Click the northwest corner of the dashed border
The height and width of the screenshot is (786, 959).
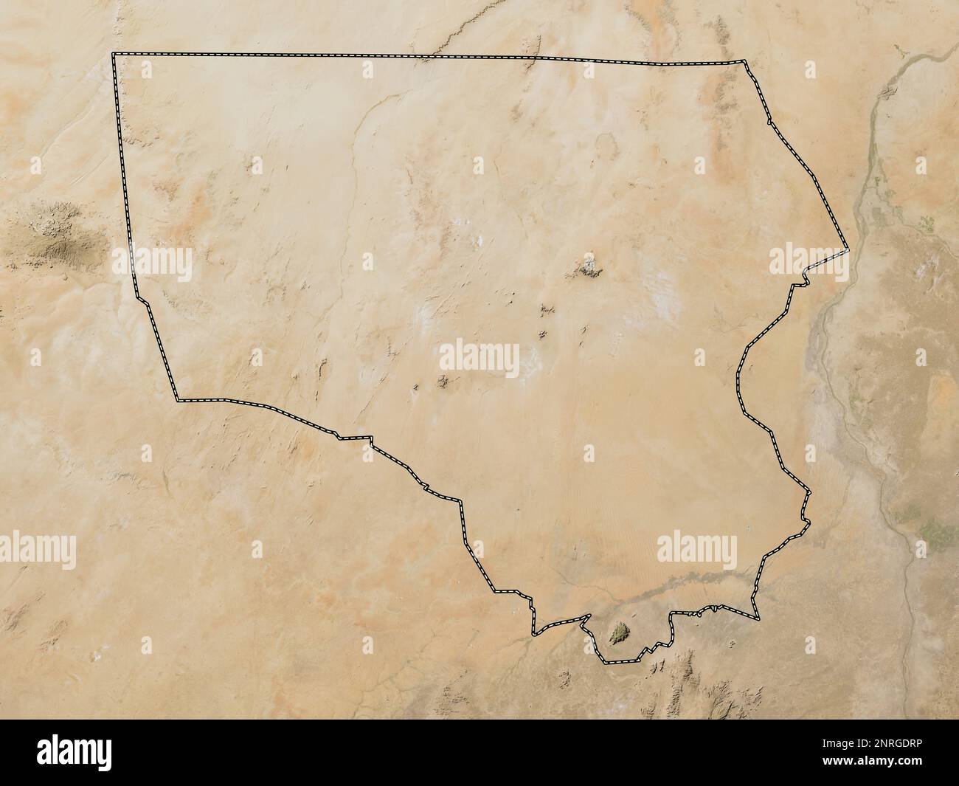pyautogui.click(x=113, y=54)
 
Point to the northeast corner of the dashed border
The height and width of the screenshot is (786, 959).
pyautogui.click(x=745, y=62)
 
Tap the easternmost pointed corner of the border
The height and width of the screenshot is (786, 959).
pyautogui.click(x=849, y=252)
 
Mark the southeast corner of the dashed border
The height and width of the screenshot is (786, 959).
pyautogui.click(x=758, y=618)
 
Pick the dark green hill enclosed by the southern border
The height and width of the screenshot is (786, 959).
pyautogui.click(x=620, y=632)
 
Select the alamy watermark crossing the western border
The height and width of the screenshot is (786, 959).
pyautogui.click(x=152, y=261)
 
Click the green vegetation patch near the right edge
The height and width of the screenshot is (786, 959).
pyautogui.click(x=931, y=530)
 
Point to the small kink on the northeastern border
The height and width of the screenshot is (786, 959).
pyautogui.click(x=769, y=120)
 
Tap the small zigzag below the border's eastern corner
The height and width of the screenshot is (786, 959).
pyautogui.click(x=800, y=283)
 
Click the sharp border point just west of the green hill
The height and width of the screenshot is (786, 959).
pyautogui.click(x=588, y=616)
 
